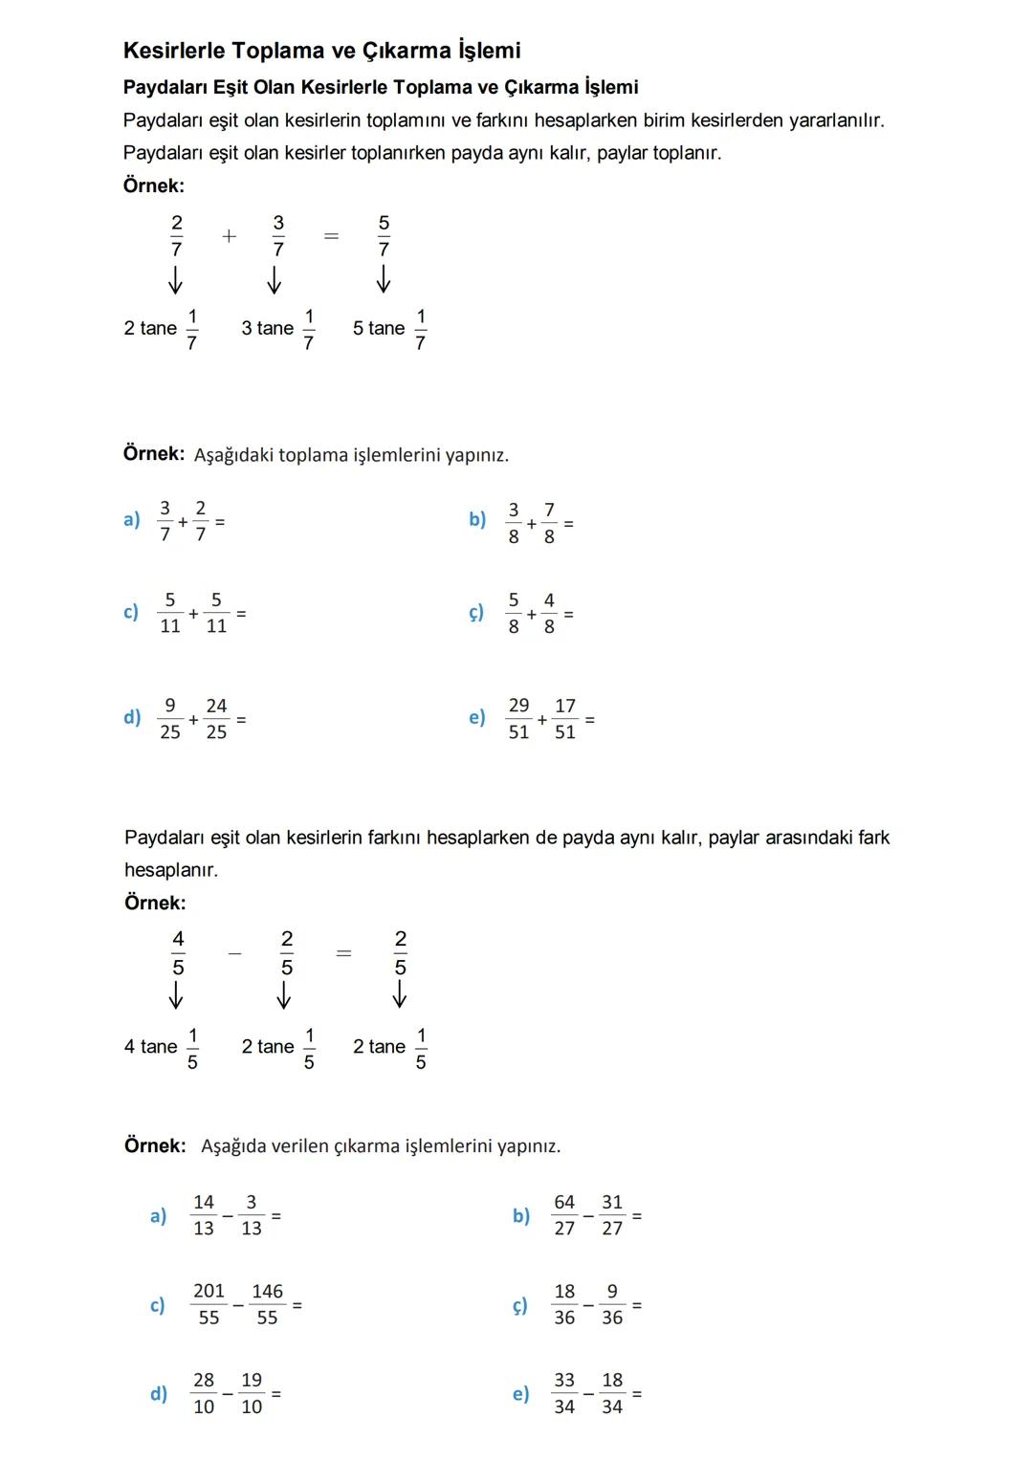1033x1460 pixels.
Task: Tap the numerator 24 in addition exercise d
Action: [217, 706]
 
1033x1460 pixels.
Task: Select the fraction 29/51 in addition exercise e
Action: [518, 718]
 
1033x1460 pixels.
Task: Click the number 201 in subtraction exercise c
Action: [209, 1291]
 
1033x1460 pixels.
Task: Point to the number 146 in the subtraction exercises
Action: [267, 1291]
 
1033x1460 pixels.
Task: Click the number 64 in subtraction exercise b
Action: [564, 1202]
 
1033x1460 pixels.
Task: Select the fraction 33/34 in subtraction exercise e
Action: [564, 1393]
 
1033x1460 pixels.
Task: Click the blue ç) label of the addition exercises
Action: [476, 613]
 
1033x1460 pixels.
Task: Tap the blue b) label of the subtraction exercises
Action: [521, 1215]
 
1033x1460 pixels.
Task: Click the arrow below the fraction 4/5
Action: [177, 996]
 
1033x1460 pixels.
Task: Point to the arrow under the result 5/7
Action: [384, 279]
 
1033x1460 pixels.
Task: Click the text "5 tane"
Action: [379, 329]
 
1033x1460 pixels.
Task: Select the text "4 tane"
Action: [150, 1047]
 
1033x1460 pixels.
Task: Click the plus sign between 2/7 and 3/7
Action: [229, 236]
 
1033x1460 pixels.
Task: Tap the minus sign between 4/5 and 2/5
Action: [235, 953]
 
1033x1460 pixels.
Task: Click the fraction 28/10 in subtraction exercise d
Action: [204, 1393]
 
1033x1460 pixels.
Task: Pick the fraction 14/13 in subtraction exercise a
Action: [204, 1215]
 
